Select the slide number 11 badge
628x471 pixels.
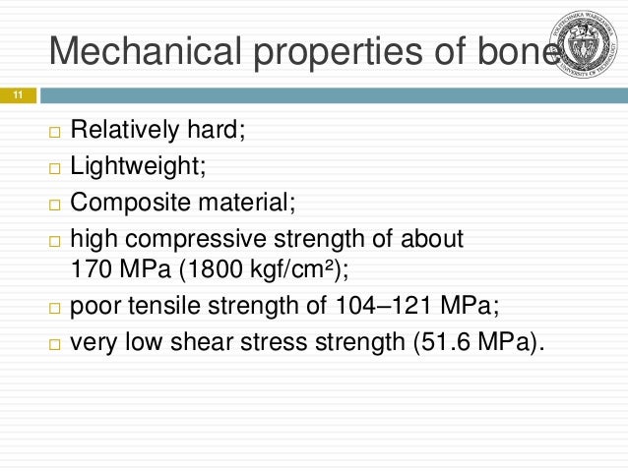17,96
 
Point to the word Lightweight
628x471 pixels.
137,167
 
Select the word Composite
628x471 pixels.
126,204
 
